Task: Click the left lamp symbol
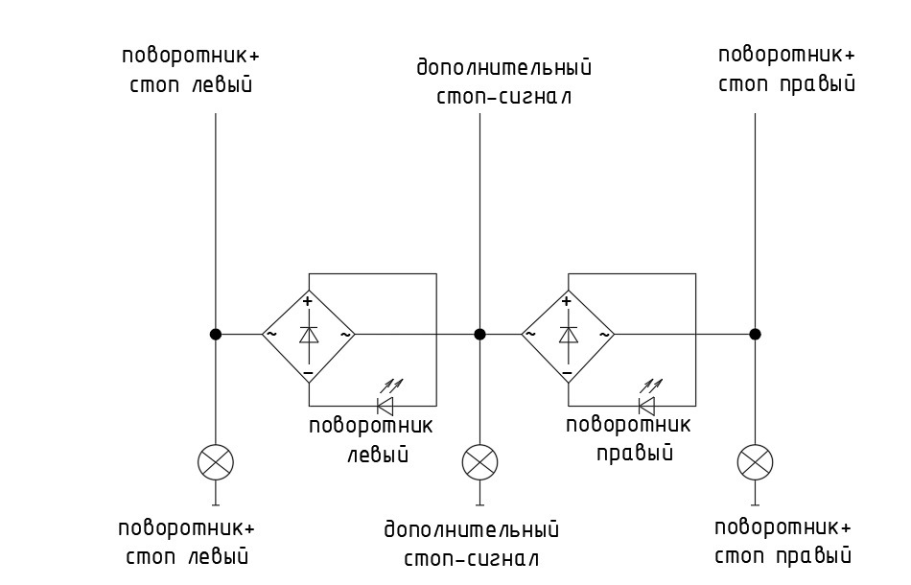[216, 462]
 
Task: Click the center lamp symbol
[479, 462]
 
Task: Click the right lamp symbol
[755, 462]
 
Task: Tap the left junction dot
[216, 334]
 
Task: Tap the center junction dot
[479, 334]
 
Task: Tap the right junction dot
[755, 334]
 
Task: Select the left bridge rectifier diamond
[309, 334]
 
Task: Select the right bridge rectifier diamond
[568, 334]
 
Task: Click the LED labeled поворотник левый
[387, 404]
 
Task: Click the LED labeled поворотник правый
[647, 404]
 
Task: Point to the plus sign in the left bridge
[308, 302]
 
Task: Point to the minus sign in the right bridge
[568, 370]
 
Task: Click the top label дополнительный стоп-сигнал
[504, 82]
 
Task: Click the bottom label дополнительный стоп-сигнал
[471, 544]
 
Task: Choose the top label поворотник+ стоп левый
[191, 70]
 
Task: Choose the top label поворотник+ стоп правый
[786, 68]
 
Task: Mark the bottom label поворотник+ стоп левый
[186, 542]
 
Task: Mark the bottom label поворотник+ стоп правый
[783, 542]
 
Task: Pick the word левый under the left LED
[377, 454]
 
